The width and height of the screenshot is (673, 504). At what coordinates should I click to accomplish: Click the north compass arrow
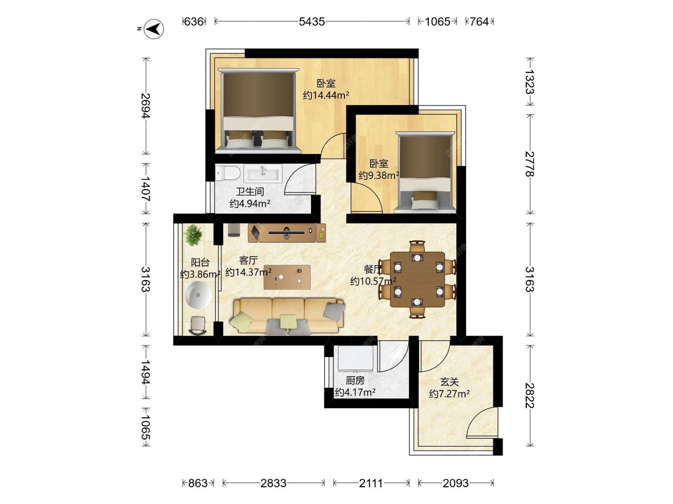[x=154, y=29]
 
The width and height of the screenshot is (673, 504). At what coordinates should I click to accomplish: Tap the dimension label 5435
[x=312, y=22]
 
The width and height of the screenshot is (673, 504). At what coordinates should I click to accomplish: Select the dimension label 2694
[x=145, y=106]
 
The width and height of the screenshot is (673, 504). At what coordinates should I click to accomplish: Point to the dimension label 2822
[x=530, y=395]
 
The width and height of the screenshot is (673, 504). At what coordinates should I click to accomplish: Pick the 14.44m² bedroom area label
[x=326, y=95]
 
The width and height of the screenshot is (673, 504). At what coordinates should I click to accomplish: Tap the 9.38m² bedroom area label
[x=379, y=175]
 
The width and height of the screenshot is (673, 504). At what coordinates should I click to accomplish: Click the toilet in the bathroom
[x=227, y=173]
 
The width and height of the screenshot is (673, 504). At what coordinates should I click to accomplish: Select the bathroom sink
[x=263, y=173]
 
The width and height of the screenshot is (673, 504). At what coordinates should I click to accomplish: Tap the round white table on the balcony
[x=198, y=295]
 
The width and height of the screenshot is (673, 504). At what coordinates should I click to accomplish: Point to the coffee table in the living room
[x=287, y=277]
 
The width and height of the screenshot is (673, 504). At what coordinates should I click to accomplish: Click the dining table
[x=417, y=279]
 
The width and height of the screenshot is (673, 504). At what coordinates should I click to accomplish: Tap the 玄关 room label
[x=449, y=382]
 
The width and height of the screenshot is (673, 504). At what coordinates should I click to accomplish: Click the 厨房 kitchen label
[x=355, y=380]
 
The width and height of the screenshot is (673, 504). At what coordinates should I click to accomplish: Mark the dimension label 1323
[x=530, y=82]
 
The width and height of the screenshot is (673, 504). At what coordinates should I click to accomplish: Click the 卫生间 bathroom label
[x=250, y=191]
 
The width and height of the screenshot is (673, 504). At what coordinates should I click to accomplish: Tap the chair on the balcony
[x=198, y=325]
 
